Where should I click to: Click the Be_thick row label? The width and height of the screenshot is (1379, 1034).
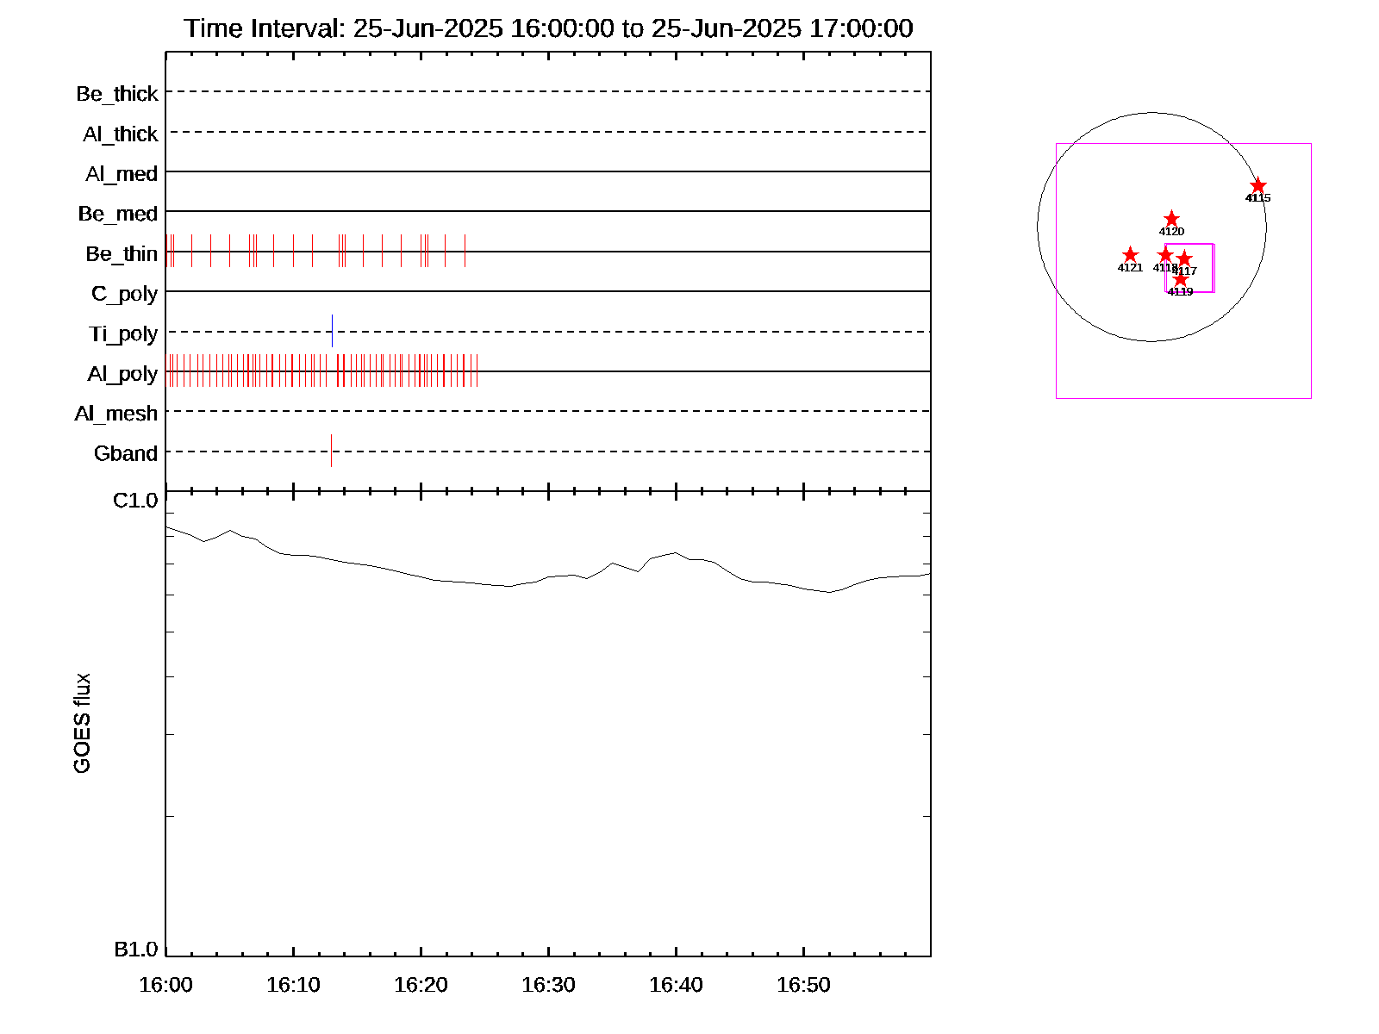click(x=117, y=94)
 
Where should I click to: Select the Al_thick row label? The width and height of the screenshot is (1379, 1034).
click(x=121, y=134)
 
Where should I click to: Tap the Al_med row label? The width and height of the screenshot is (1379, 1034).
click(x=122, y=174)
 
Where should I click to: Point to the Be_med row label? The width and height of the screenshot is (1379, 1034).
click(x=118, y=214)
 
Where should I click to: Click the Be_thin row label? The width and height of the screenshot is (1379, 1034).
click(x=122, y=254)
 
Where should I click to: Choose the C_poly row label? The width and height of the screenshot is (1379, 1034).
click(x=124, y=294)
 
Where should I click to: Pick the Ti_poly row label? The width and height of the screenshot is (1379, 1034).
click(x=123, y=334)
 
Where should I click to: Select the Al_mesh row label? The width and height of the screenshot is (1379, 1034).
click(x=116, y=414)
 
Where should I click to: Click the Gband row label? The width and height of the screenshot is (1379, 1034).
click(x=126, y=453)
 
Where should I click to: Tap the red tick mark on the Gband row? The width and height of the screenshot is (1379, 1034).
click(x=331, y=451)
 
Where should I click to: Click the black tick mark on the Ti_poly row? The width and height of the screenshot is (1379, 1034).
click(x=332, y=331)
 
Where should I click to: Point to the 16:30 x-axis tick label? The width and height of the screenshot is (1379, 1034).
click(x=548, y=985)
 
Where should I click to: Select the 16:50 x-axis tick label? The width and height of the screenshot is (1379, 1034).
click(x=803, y=985)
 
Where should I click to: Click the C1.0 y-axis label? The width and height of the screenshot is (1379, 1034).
click(x=135, y=501)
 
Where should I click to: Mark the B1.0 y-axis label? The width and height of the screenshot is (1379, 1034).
click(x=136, y=950)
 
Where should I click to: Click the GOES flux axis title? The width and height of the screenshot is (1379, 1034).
click(x=82, y=724)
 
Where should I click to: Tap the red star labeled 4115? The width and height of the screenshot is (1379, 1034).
click(x=1258, y=186)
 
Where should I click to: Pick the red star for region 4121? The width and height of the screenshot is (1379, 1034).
click(x=1130, y=255)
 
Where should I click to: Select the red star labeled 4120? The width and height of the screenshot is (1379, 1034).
click(x=1171, y=219)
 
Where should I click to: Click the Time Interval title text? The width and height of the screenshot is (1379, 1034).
click(x=548, y=28)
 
